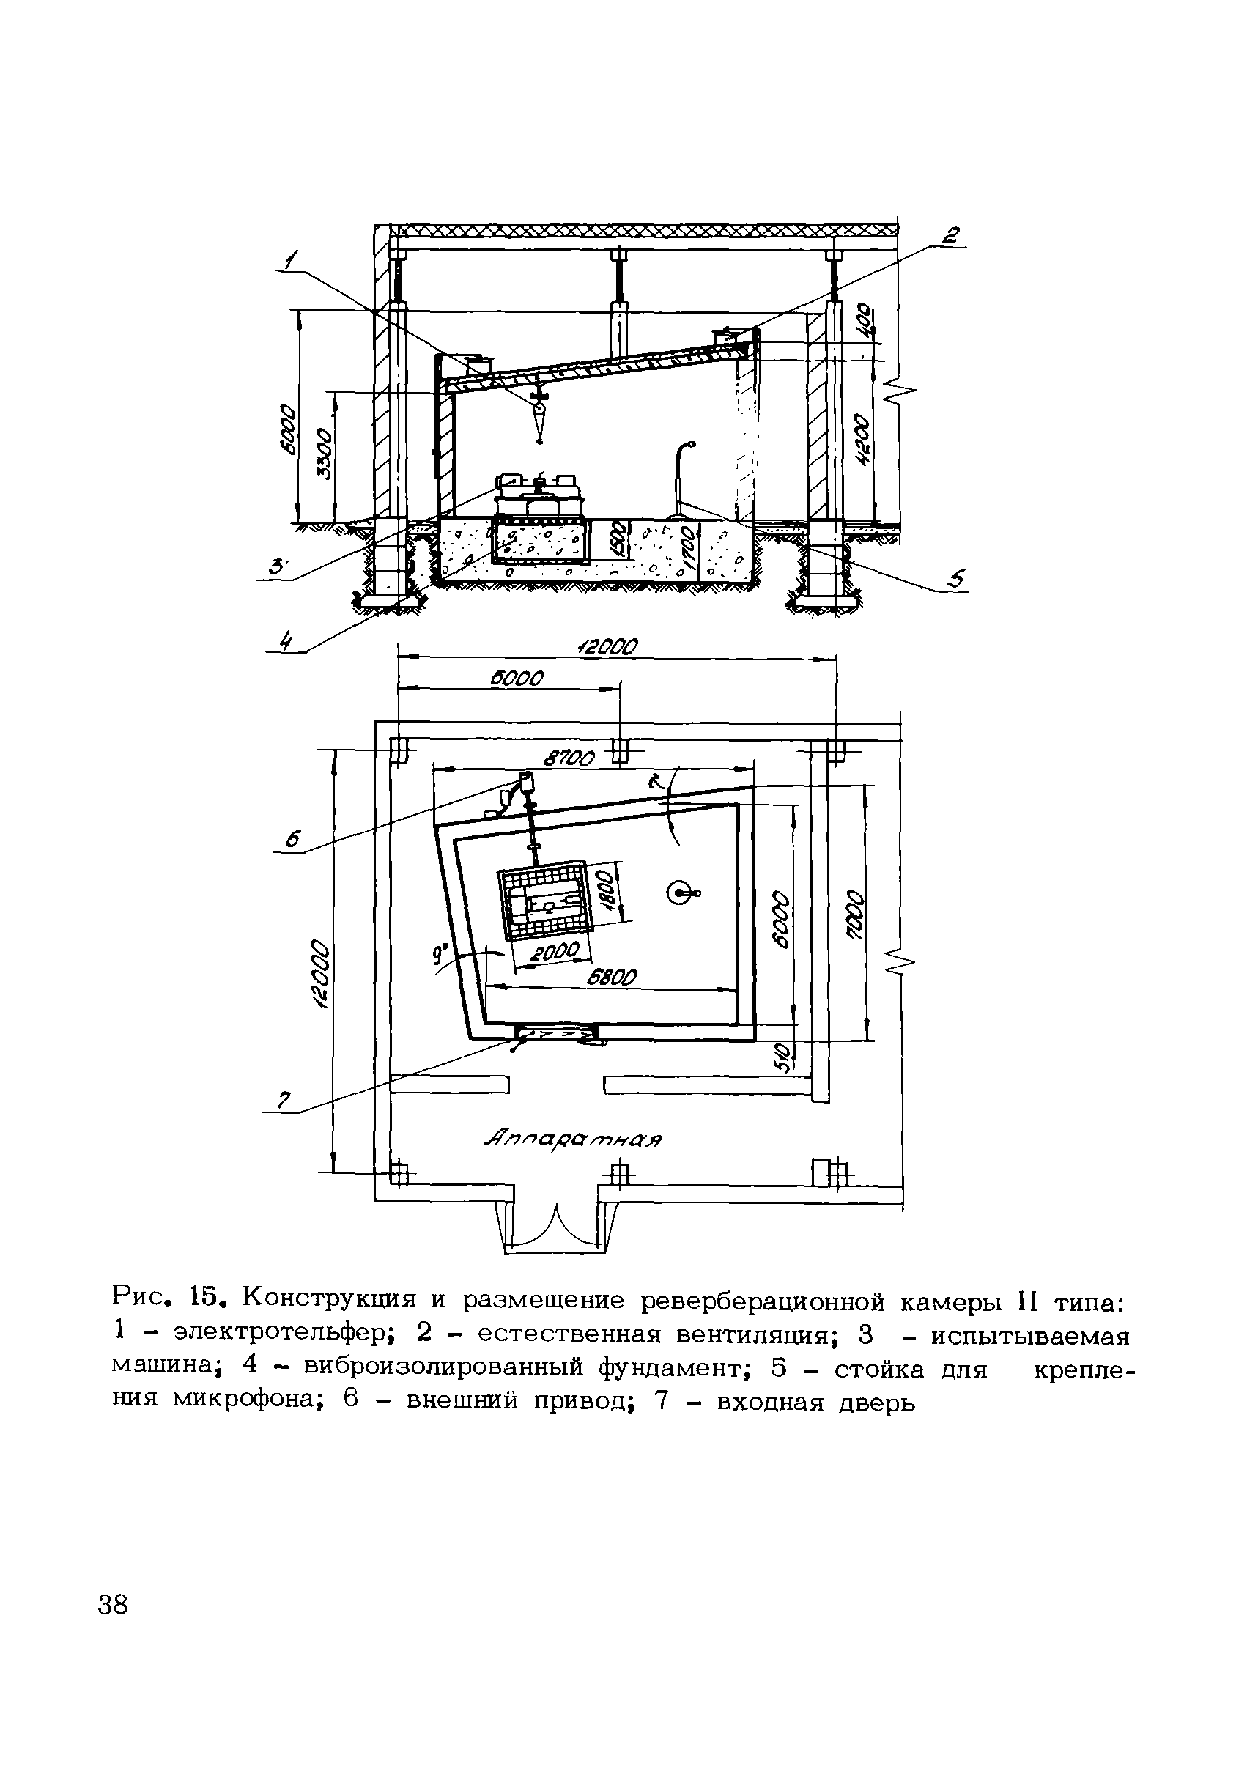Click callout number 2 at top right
point(952,235)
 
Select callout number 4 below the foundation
point(286,639)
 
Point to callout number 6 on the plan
point(292,840)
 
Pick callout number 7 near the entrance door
point(282,1101)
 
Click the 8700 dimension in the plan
point(569,759)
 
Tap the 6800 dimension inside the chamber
point(613,976)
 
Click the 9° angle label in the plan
point(440,956)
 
